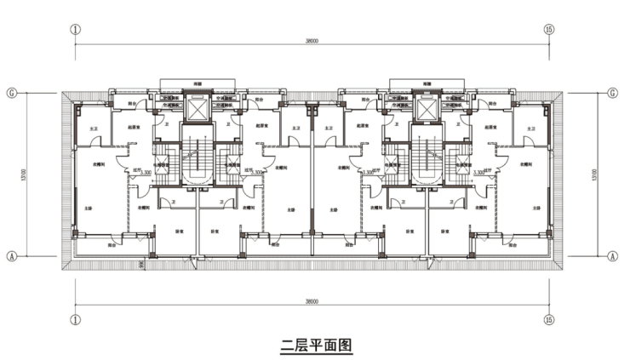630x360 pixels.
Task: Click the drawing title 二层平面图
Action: point(315,346)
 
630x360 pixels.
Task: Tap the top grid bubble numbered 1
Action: point(76,28)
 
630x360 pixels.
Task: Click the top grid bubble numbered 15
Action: point(549,28)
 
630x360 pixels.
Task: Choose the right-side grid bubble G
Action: point(613,92)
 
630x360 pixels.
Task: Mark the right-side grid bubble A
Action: point(613,254)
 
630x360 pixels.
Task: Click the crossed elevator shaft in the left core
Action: point(198,110)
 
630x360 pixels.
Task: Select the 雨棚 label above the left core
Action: point(198,83)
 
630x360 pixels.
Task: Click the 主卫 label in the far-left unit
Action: point(93,128)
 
